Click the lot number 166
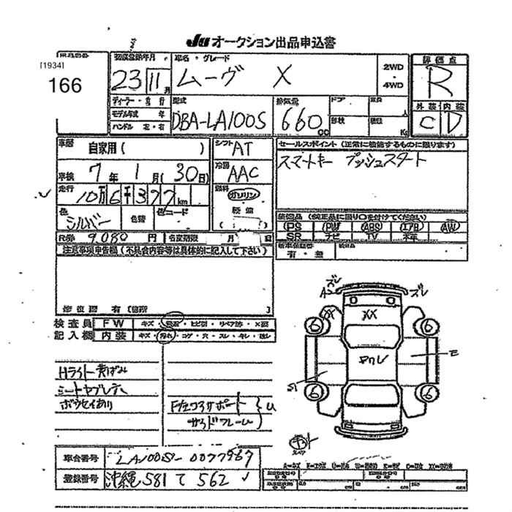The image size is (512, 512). point(65,84)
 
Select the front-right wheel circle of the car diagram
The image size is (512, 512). point(426,327)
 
